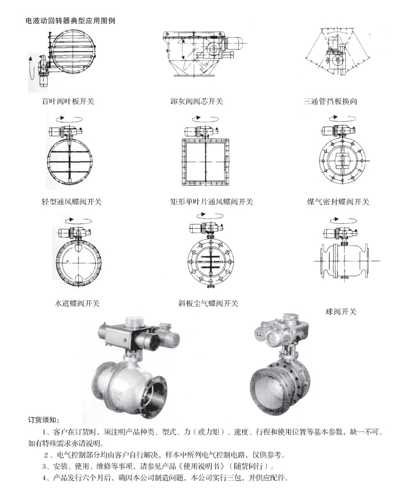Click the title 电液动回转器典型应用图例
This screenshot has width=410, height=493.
point(70,20)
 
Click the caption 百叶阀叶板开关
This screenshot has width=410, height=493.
point(68,101)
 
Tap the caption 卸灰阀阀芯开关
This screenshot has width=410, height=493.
point(197,101)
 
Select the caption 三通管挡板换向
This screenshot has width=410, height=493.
point(330,101)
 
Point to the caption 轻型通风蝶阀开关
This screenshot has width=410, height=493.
point(71,202)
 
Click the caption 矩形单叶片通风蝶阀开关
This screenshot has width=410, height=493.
point(212,202)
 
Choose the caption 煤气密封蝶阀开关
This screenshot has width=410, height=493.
point(338,202)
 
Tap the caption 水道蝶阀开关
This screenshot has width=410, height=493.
point(77,303)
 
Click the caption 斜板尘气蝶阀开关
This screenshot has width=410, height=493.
point(208,303)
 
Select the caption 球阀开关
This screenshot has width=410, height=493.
point(341,311)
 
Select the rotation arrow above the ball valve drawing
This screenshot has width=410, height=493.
point(344,220)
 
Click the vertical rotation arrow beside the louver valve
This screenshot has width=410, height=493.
point(31,68)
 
